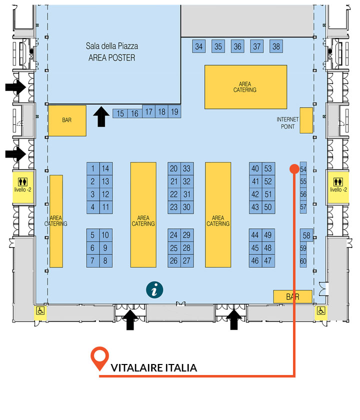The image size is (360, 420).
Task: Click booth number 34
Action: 199,46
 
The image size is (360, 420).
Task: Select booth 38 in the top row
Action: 276,46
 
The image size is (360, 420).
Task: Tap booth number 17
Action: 148,111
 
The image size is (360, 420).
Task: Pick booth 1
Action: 93,168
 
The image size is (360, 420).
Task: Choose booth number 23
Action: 174,207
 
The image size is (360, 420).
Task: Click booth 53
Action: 268,168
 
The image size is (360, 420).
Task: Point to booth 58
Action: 306,235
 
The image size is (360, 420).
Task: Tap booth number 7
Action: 92,260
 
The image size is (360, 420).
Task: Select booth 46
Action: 255,260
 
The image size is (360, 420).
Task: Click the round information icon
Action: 154,290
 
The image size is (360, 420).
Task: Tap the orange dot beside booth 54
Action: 294,169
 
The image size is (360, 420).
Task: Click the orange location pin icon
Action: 99,358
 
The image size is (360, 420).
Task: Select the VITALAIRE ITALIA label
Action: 154,368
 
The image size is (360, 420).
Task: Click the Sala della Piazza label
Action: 112,46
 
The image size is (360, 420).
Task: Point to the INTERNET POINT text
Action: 287,123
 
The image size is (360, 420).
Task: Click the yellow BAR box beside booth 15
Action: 67,120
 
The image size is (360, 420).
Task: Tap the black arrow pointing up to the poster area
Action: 101,116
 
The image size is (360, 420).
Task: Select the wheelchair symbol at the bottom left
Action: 40,310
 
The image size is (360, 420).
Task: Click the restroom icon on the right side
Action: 338,182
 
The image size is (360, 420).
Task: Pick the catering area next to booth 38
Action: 245,87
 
